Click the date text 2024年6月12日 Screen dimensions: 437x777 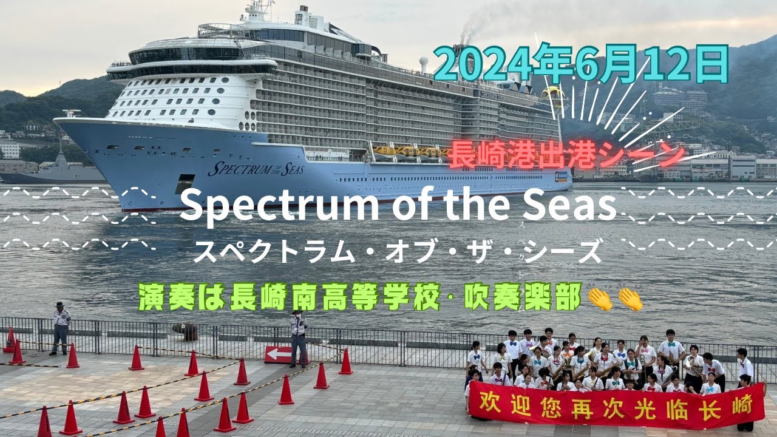click(581, 64)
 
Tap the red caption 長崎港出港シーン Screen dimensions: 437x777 click(567, 154)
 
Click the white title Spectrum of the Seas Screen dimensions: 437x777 click(398, 206)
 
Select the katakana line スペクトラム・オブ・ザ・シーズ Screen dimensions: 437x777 click(398, 251)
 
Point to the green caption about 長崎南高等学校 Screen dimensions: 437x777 click(359, 297)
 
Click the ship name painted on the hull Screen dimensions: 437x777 click(256, 169)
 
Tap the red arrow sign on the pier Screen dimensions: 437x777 click(279, 354)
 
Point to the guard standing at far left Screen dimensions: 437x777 click(61, 328)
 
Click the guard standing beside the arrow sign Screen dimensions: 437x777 click(298, 339)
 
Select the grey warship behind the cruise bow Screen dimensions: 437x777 click(55, 170)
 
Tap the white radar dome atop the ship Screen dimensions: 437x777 click(423, 61)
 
